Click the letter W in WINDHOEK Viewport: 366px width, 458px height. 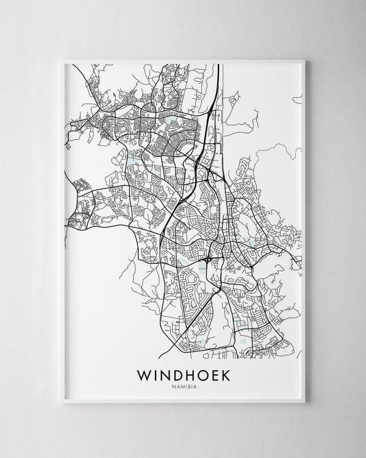tap(145, 374)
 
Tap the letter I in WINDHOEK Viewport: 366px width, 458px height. tap(158, 374)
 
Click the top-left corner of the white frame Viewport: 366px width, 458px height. tap(63, 60)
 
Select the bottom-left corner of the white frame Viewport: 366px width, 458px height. tap(63, 402)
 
